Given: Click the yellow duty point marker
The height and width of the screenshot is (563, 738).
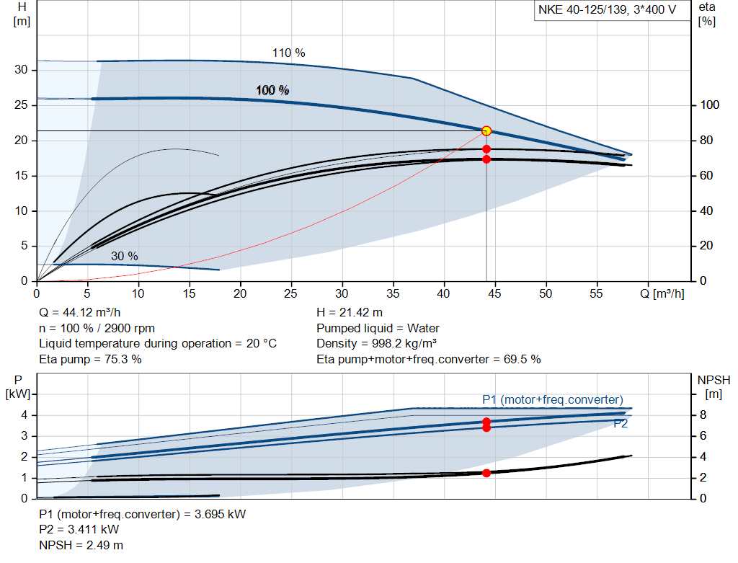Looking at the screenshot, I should tap(486, 130).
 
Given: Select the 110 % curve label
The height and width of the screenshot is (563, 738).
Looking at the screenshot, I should tap(288, 53).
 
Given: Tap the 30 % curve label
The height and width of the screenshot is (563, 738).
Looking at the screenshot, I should tap(124, 256).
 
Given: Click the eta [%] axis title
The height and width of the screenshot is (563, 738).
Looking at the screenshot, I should tap(706, 13).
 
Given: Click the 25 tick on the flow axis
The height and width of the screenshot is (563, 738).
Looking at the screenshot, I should tap(291, 294).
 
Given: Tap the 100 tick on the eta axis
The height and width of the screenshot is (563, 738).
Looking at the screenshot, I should tap(710, 105).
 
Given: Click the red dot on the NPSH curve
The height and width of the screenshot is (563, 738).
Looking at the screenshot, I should tap(486, 473).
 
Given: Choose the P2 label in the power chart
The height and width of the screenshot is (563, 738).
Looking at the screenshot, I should tap(621, 424).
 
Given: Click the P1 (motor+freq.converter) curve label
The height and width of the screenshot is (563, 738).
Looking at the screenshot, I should tap(552, 399).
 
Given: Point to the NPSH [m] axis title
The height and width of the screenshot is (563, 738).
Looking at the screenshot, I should tap(713, 386).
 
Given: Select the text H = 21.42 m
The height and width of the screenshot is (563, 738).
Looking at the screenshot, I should tap(350, 312).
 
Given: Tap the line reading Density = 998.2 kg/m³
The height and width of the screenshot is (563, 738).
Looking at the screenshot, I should tap(377, 343).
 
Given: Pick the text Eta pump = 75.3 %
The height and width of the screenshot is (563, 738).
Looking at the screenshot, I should tap(90, 359).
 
